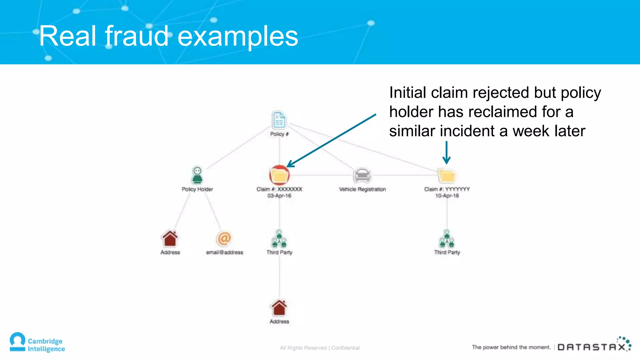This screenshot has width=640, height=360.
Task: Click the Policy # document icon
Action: coord(279,120)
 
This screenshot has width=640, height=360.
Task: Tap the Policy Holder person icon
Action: coord(197,175)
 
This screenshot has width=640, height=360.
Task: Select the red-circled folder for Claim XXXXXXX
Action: coord(279,175)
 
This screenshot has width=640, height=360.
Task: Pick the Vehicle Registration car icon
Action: coord(362,175)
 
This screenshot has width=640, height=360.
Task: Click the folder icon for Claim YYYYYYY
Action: coord(447,175)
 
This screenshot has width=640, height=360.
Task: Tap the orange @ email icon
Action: coord(224,239)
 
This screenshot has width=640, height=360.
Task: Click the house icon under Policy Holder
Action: coord(170,239)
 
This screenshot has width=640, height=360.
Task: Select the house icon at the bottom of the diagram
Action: coord(279,308)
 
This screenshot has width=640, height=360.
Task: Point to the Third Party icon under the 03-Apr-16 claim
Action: coord(279,239)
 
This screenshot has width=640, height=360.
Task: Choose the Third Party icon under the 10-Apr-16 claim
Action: coord(447,239)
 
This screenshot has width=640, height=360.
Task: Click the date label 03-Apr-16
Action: coord(279,196)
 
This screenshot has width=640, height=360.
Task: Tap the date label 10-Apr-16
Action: coord(447,196)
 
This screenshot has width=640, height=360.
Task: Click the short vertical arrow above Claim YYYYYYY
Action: coord(447,152)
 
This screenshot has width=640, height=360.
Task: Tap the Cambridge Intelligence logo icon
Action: coord(17,342)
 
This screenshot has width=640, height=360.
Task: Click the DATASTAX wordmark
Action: coord(592,347)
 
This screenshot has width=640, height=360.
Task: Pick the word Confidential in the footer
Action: coord(345,348)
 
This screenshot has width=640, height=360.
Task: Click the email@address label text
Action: coord(224,252)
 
